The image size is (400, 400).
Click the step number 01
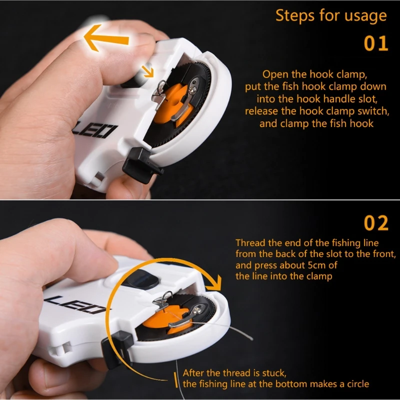pyautogui.click(x=375, y=43)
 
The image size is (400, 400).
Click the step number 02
pyautogui.click(x=375, y=223)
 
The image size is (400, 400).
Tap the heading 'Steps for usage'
pyautogui.click(x=331, y=15)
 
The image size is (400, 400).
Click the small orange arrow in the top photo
pyautogui.click(x=148, y=71)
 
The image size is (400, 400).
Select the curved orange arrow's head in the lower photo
pyautogui.click(x=214, y=284)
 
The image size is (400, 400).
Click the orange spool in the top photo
pyautogui.click(x=176, y=102)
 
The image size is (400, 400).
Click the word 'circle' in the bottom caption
pyautogui.click(x=354, y=384)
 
